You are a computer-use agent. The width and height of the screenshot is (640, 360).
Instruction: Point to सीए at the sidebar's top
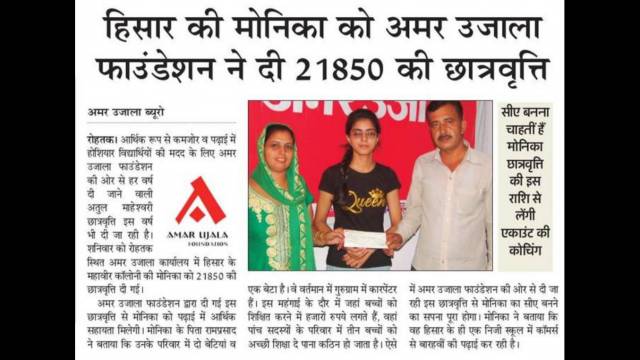[x=513, y=112]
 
